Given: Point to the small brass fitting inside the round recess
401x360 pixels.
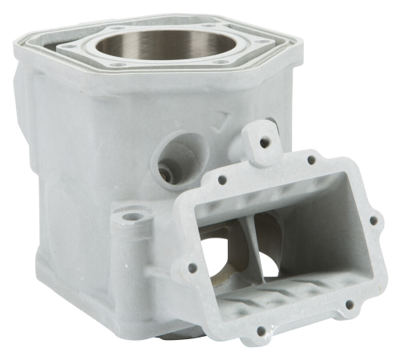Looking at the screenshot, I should coord(165,172).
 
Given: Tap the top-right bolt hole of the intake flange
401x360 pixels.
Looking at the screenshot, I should coord(311,160).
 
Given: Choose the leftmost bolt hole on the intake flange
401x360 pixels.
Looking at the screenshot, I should coord(190,267).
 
